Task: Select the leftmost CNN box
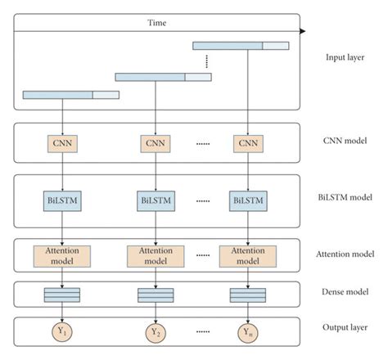(x=61, y=144)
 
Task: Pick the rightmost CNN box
(x=246, y=144)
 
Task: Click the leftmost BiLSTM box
(x=61, y=199)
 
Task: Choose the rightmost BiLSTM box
(x=246, y=199)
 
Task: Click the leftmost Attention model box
(x=61, y=254)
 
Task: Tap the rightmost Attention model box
(x=246, y=254)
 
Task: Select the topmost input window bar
(x=241, y=46)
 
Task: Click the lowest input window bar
(x=70, y=95)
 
